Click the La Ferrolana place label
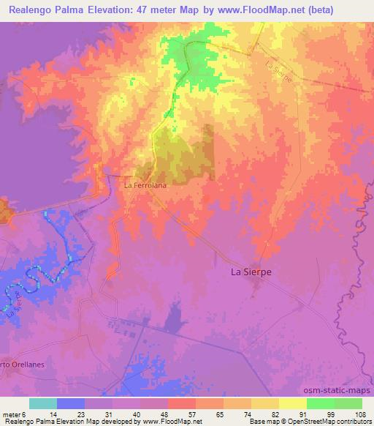tap(145, 185)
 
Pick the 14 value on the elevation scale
tap(43, 414)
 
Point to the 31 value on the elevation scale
tap(99, 414)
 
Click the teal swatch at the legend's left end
tap(43, 403)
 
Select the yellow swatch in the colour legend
tap(292, 403)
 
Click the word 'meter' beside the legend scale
tap(11, 414)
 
